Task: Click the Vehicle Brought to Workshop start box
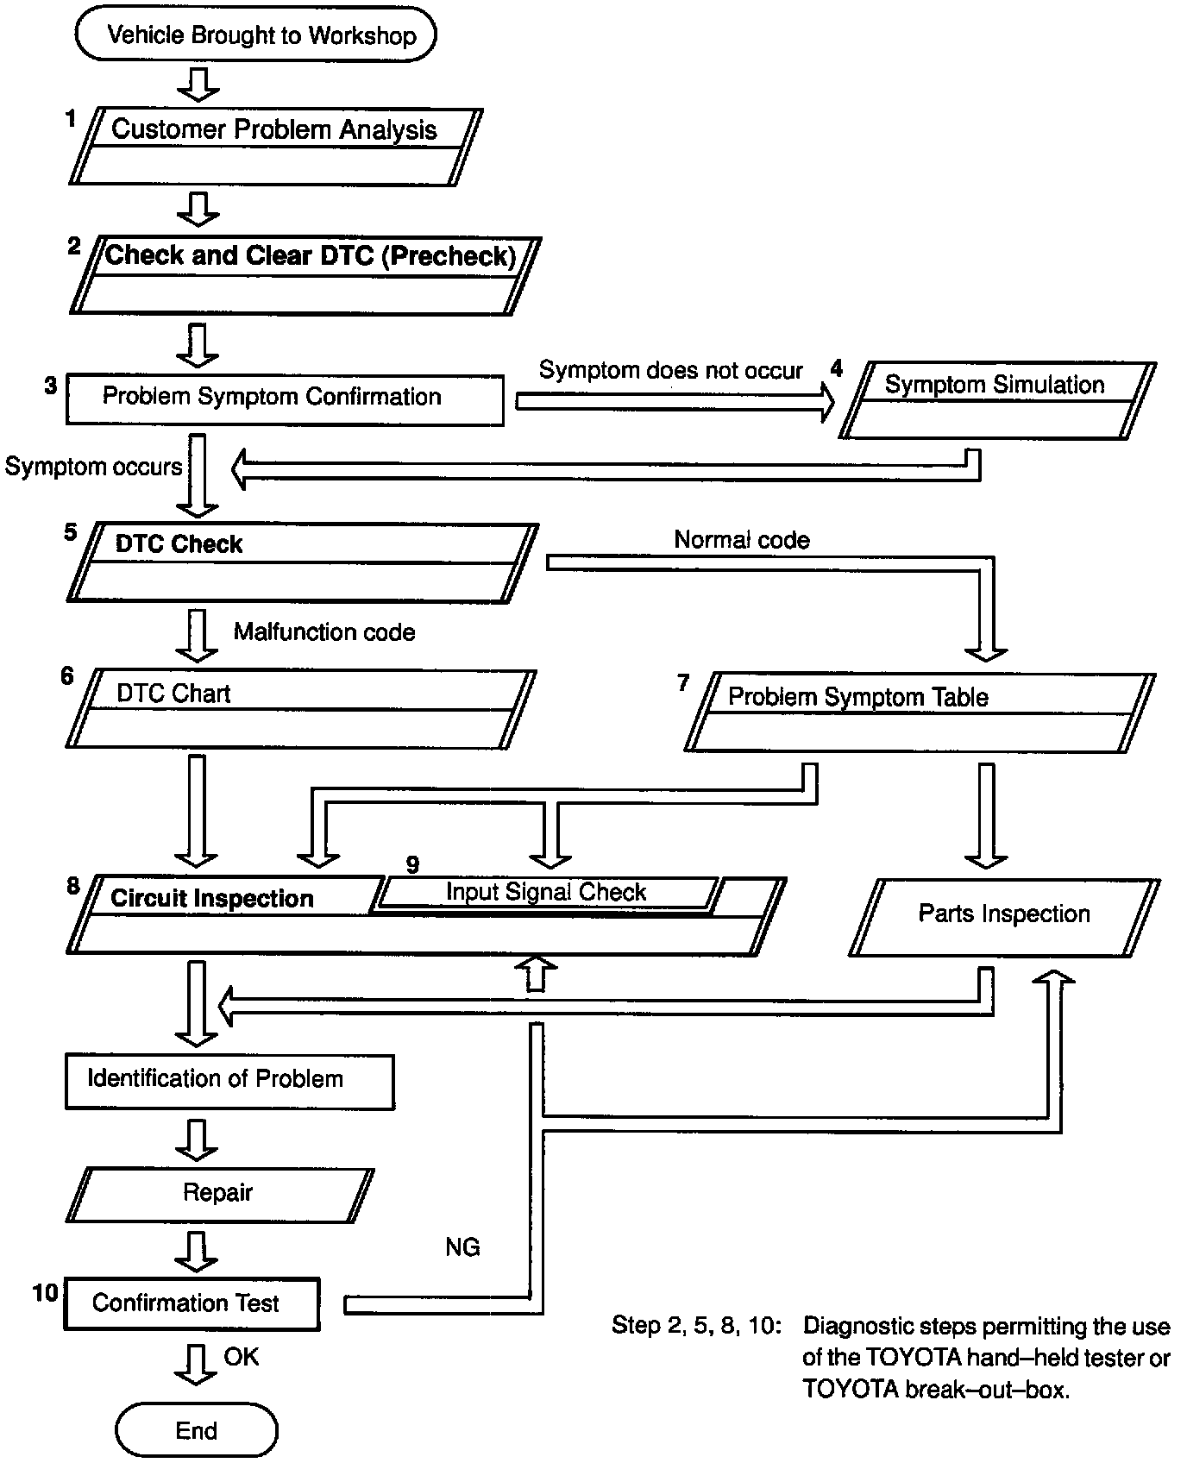pos(256,35)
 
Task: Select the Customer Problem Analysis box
pos(275,147)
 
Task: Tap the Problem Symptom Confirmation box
pos(285,399)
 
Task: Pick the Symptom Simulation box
pos(998,400)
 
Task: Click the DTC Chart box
pos(301,708)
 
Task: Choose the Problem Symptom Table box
pos(920,713)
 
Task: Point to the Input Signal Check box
pos(547,893)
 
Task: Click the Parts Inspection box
pos(1005,917)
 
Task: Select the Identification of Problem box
pos(229,1082)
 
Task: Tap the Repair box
pos(219,1195)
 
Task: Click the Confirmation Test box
pos(192,1303)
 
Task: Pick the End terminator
pos(197,1431)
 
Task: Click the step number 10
pos(46,1292)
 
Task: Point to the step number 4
pos(836,368)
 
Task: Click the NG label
pos(462,1247)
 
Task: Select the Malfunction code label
pos(324,632)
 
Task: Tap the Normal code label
pos(742,541)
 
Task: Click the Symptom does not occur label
pos(670,371)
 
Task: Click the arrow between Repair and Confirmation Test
pos(197,1251)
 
